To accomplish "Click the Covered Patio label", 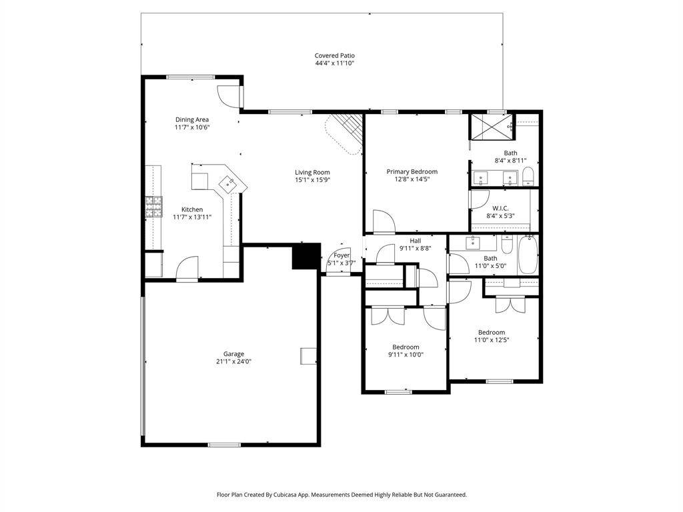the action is (335, 56).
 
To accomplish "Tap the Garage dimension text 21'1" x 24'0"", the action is (234, 361).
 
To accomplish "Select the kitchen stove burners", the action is (154, 207).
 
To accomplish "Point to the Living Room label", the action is (312, 173).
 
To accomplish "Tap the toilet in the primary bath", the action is (528, 176).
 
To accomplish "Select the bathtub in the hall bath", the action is (528, 255).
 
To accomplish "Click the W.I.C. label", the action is (500, 209).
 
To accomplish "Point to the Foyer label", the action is (341, 255).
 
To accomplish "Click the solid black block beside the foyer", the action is (306, 256).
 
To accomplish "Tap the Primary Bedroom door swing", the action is (384, 221).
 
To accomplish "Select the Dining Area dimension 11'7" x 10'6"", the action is (192, 127).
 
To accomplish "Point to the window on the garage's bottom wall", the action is (224, 445).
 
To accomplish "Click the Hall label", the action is (416, 241).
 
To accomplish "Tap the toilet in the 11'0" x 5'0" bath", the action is (507, 245).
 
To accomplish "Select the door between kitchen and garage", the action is (187, 270).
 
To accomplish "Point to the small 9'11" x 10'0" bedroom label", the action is (406, 347).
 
